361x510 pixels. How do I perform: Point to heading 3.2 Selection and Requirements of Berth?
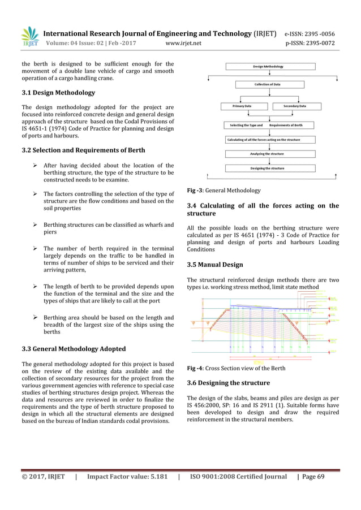[x=83, y=150]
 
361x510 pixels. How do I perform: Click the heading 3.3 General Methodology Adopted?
[x=73, y=348]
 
